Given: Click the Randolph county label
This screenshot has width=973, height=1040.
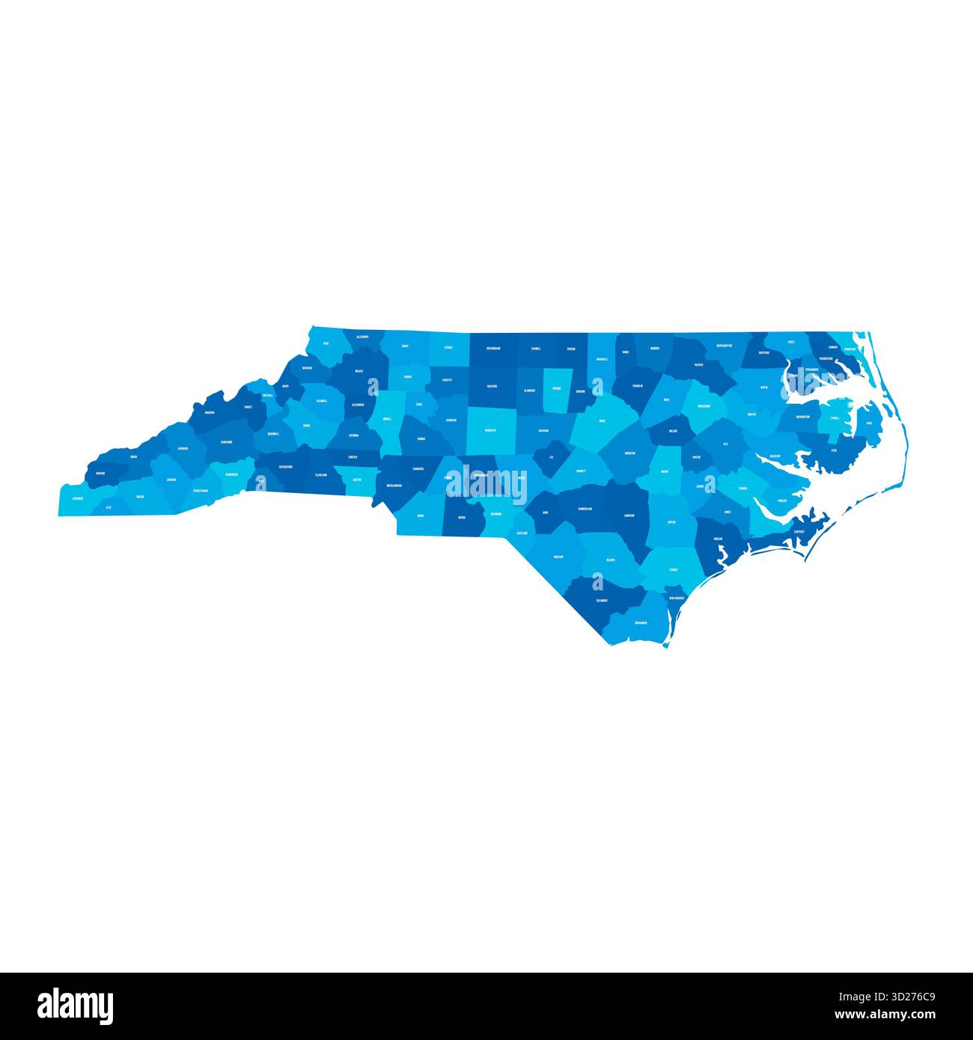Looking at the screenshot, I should coord(491,431).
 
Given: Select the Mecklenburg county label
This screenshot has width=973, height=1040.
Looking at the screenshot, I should coord(394,485).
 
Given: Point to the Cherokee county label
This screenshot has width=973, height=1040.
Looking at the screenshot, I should coord(78,498).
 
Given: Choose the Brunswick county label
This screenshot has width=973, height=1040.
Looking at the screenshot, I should coord(640,623).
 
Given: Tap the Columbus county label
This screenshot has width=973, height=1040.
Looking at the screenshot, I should coord(602,600).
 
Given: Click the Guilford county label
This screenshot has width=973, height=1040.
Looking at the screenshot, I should coord(492,386).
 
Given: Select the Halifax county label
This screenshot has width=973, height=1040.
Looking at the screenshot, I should coord(698,365).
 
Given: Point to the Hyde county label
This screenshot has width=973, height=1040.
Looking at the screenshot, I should coord(833,450).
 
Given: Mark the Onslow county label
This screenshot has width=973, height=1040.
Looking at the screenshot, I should coord(717,539).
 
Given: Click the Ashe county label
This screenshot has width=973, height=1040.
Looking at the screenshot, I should coord(326,343).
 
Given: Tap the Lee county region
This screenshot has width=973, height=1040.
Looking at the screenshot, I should coord(552,456).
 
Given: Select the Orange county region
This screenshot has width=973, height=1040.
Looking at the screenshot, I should coord(556,389).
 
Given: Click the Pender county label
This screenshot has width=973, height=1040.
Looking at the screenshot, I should coord(674,569).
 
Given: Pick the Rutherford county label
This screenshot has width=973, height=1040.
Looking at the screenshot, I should coord(285,467).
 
